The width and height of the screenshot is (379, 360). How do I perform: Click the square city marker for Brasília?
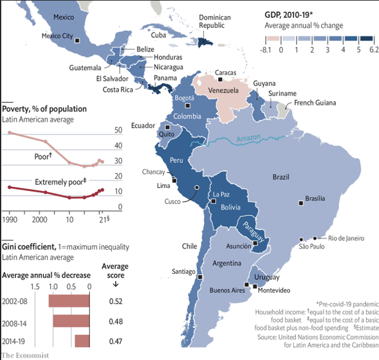click(300, 200)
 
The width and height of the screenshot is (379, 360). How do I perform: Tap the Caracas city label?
click(226, 72)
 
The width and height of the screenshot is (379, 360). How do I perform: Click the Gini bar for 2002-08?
click(69, 301)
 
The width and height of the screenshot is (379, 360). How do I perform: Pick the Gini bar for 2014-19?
click(83, 339)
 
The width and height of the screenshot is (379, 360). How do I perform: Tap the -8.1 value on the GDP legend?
click(267, 49)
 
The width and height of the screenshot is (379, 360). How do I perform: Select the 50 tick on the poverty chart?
click(118, 131)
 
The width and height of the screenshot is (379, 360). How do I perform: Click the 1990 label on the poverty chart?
click(10, 219)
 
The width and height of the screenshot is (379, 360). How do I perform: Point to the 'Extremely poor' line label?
click(60, 182)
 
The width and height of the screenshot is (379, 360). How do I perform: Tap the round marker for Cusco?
click(197, 187)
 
